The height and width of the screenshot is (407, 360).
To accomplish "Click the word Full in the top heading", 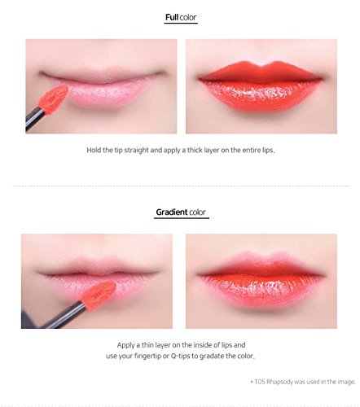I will coord(171,17).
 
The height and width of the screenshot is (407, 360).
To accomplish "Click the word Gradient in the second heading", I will coord(172,212).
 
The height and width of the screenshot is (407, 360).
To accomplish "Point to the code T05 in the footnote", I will coord(260,380).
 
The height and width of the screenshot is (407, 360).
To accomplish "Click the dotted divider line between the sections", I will coord(180,185).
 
